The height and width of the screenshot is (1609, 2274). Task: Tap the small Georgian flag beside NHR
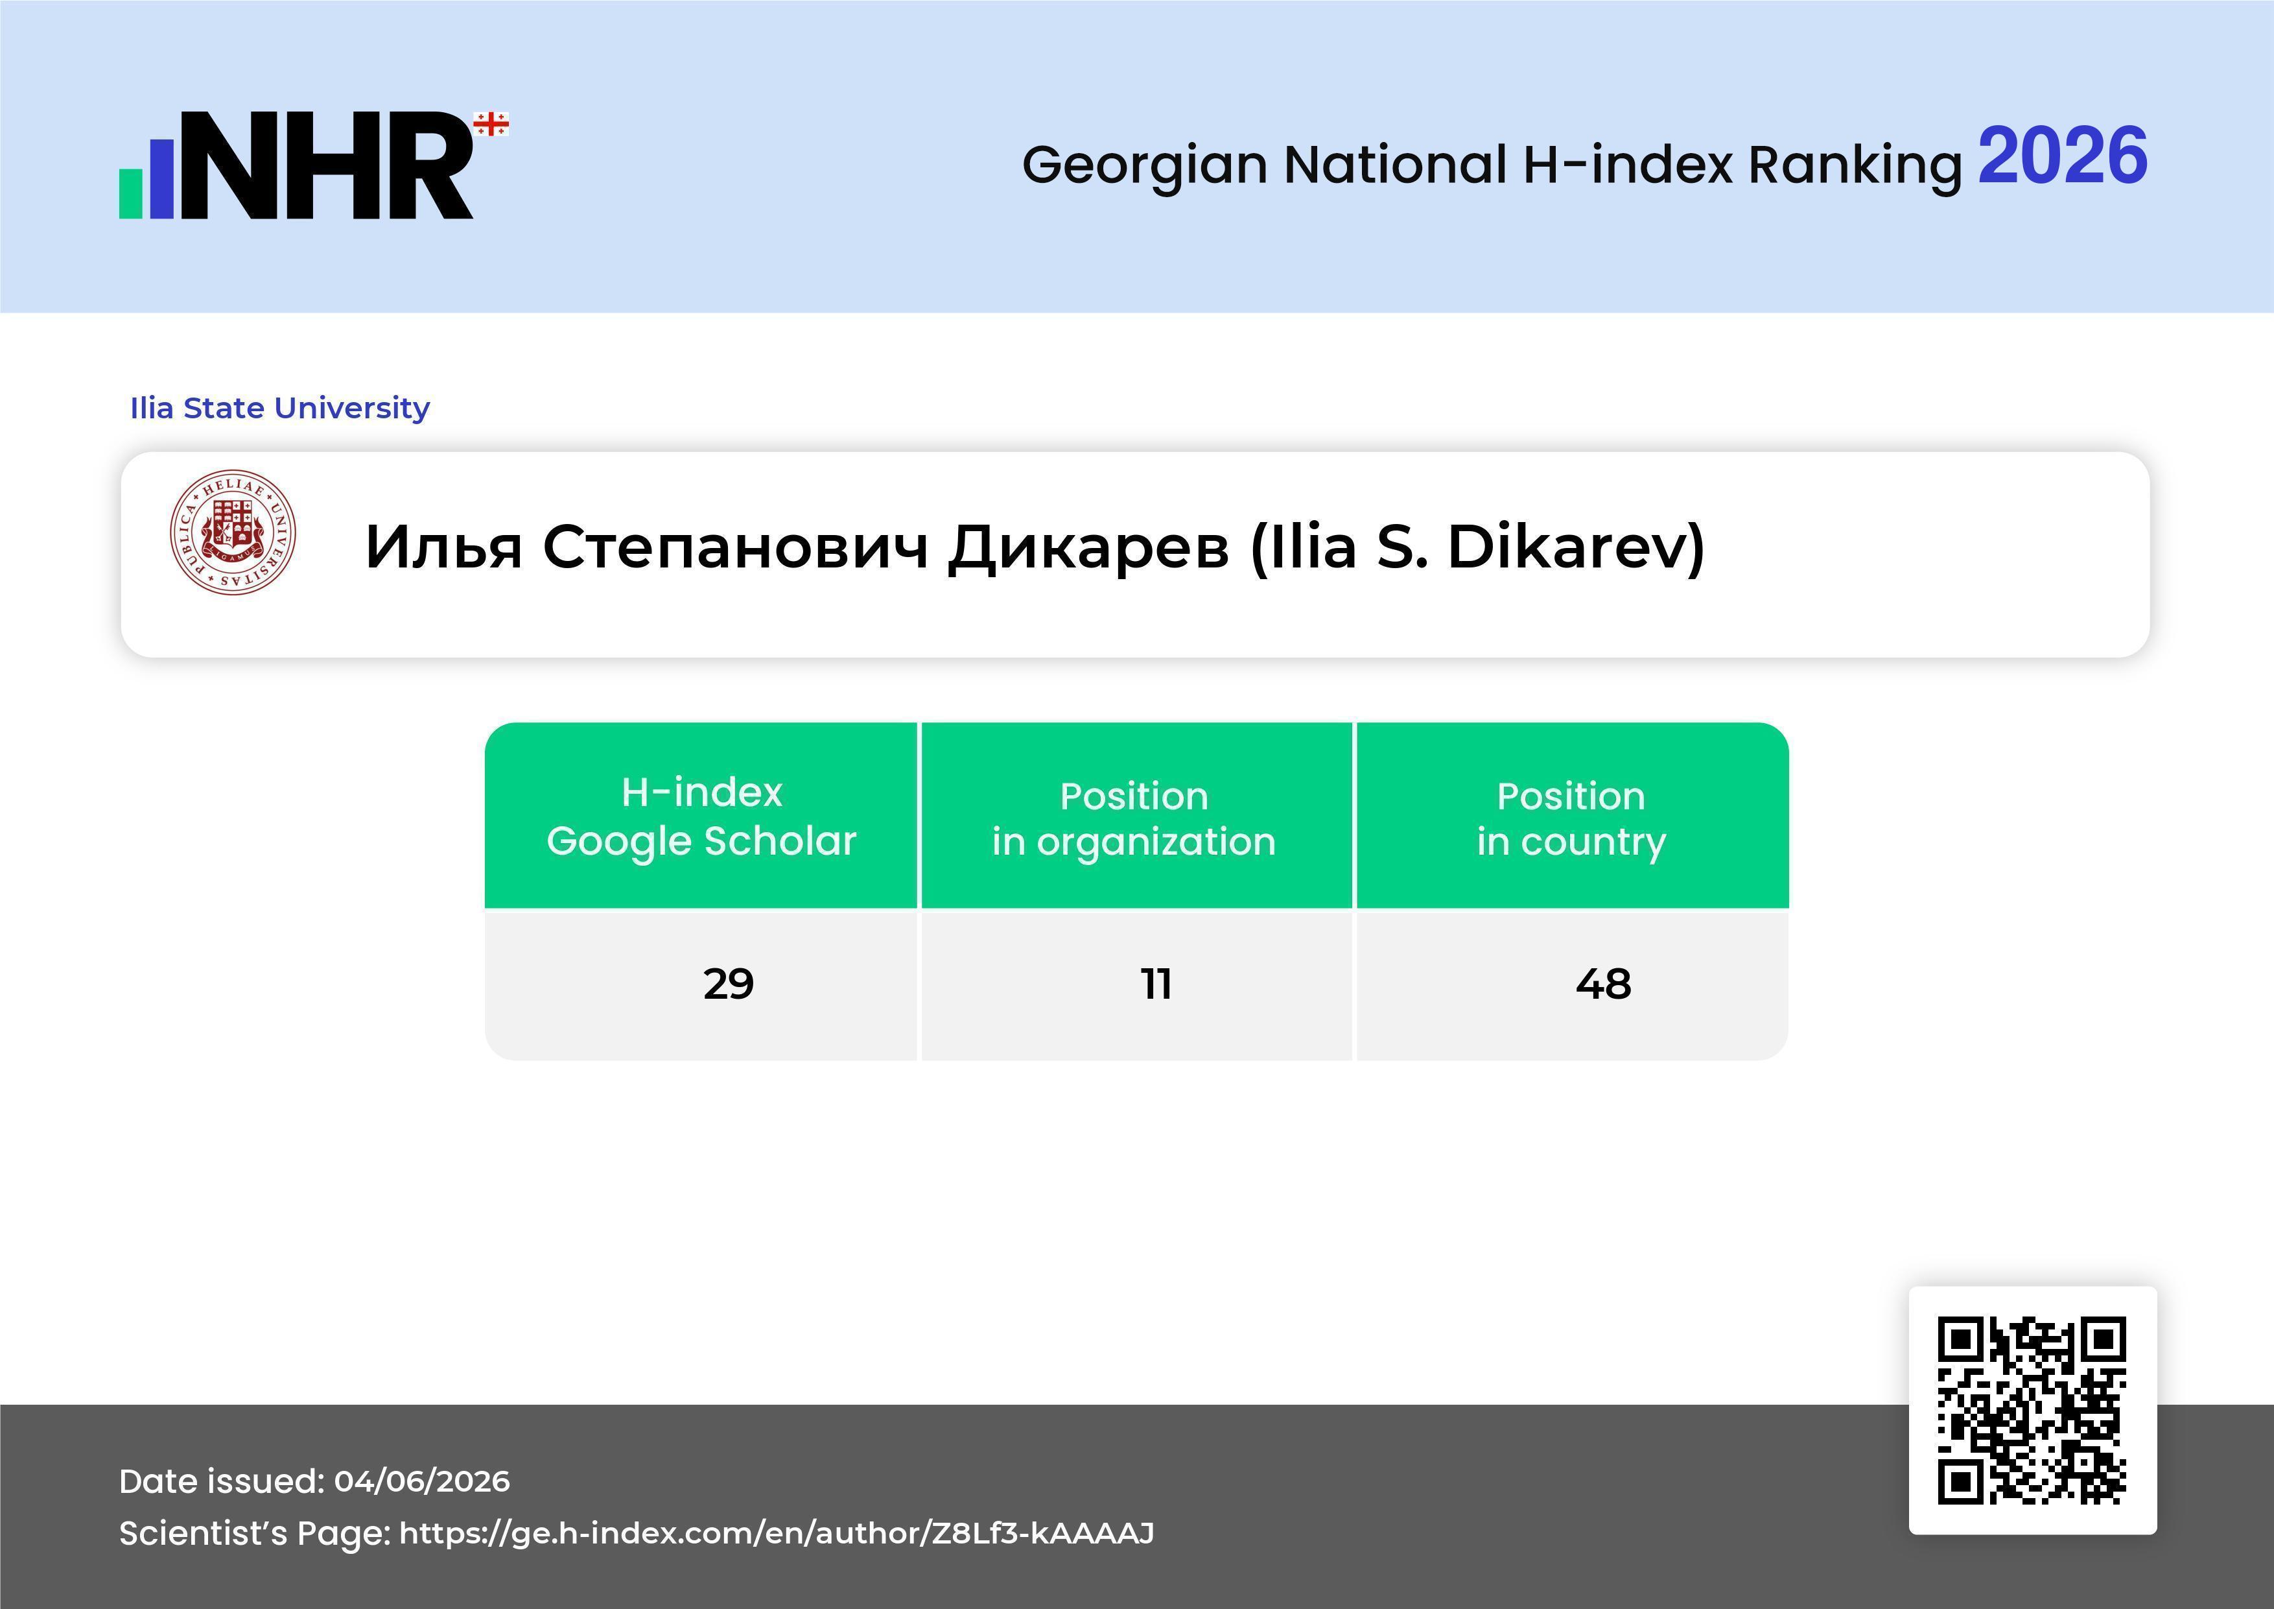pos(491,125)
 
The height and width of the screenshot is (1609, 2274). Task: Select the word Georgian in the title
pos(1145,165)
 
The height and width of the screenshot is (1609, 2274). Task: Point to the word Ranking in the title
pos(1855,165)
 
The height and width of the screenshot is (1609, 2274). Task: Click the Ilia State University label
pos(280,408)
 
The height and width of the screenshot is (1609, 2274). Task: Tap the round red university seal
pos(233,532)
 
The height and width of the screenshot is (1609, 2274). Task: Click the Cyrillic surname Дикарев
pos(1088,548)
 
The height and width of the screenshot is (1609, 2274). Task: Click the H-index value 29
pos(729,984)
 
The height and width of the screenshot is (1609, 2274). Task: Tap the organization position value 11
pos(1156,984)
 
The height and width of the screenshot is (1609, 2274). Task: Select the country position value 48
pos(1604,984)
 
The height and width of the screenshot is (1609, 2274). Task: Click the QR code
pos(2032,1410)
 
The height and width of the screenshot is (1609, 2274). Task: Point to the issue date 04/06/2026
pos(422,1481)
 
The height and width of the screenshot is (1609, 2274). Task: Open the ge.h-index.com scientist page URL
pos(777,1532)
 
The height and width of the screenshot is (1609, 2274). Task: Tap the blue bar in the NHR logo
pos(161,178)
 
